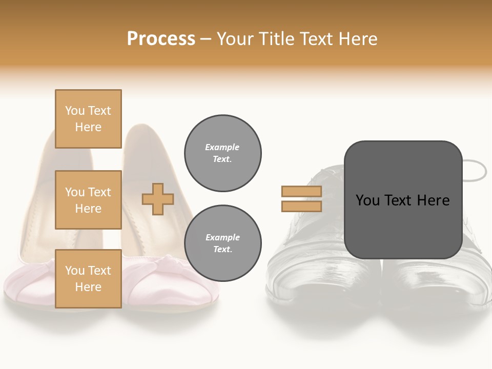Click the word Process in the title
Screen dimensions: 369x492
[161, 39]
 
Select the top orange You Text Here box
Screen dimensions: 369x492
[88, 119]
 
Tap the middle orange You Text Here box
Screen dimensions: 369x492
[88, 200]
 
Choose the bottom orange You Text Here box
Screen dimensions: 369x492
[88, 278]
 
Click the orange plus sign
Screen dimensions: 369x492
[158, 199]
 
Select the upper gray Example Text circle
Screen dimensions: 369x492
[223, 153]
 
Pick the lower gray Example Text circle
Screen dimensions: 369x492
[223, 243]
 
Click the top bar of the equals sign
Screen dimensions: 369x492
[301, 192]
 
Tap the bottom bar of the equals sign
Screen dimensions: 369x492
[301, 206]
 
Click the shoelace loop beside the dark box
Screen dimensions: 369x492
[474, 170]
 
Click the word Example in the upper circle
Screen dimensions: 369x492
[222, 147]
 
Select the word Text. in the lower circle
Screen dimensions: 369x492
[222, 250]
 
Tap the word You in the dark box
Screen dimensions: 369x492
[367, 200]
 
